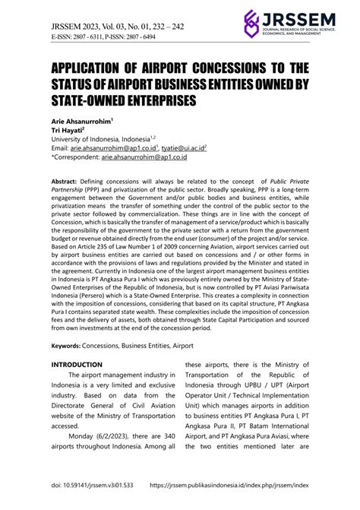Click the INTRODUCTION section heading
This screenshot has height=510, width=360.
click(76, 365)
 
